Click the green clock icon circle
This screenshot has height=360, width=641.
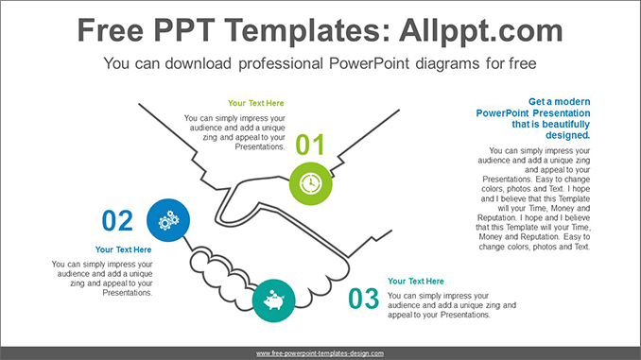pos(310,182)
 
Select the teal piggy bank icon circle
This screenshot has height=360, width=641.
pos(275,300)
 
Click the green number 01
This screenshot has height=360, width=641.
pos(310,146)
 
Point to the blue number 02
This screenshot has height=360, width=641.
pos(118,221)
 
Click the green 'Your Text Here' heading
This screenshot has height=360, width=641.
pos(256,102)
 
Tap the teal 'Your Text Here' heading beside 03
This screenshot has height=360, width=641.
pos(416,281)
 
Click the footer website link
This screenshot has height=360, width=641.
pos(320,352)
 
